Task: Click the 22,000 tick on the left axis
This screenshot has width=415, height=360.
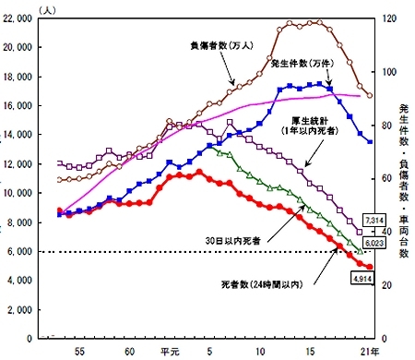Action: click(x=19, y=18)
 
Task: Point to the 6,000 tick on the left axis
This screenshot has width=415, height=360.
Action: click(x=23, y=251)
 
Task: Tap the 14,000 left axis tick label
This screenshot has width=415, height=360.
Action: click(x=19, y=135)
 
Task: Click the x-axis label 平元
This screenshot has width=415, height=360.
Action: click(x=168, y=351)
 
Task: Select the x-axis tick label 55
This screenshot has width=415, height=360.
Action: click(x=80, y=351)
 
